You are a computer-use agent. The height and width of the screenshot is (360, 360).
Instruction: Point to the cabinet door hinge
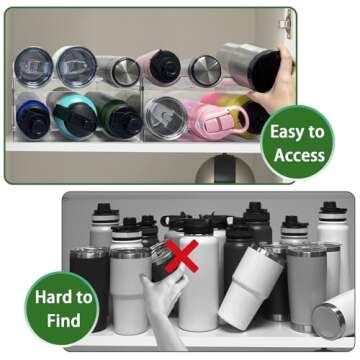286,19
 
